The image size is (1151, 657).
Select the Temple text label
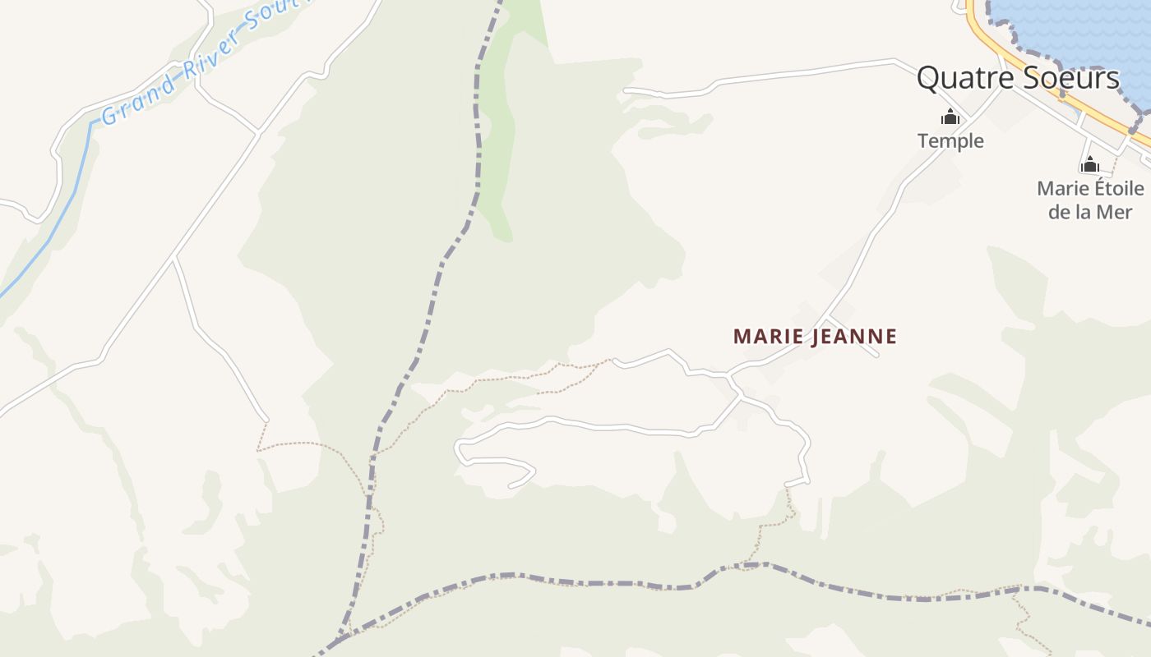(x=950, y=140)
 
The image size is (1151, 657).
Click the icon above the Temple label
(x=950, y=117)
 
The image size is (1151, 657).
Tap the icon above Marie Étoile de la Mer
(x=1090, y=164)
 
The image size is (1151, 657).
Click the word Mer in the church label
(x=1115, y=211)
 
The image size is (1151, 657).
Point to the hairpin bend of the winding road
(x=458, y=449)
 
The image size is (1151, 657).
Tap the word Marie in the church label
(x=1064, y=189)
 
